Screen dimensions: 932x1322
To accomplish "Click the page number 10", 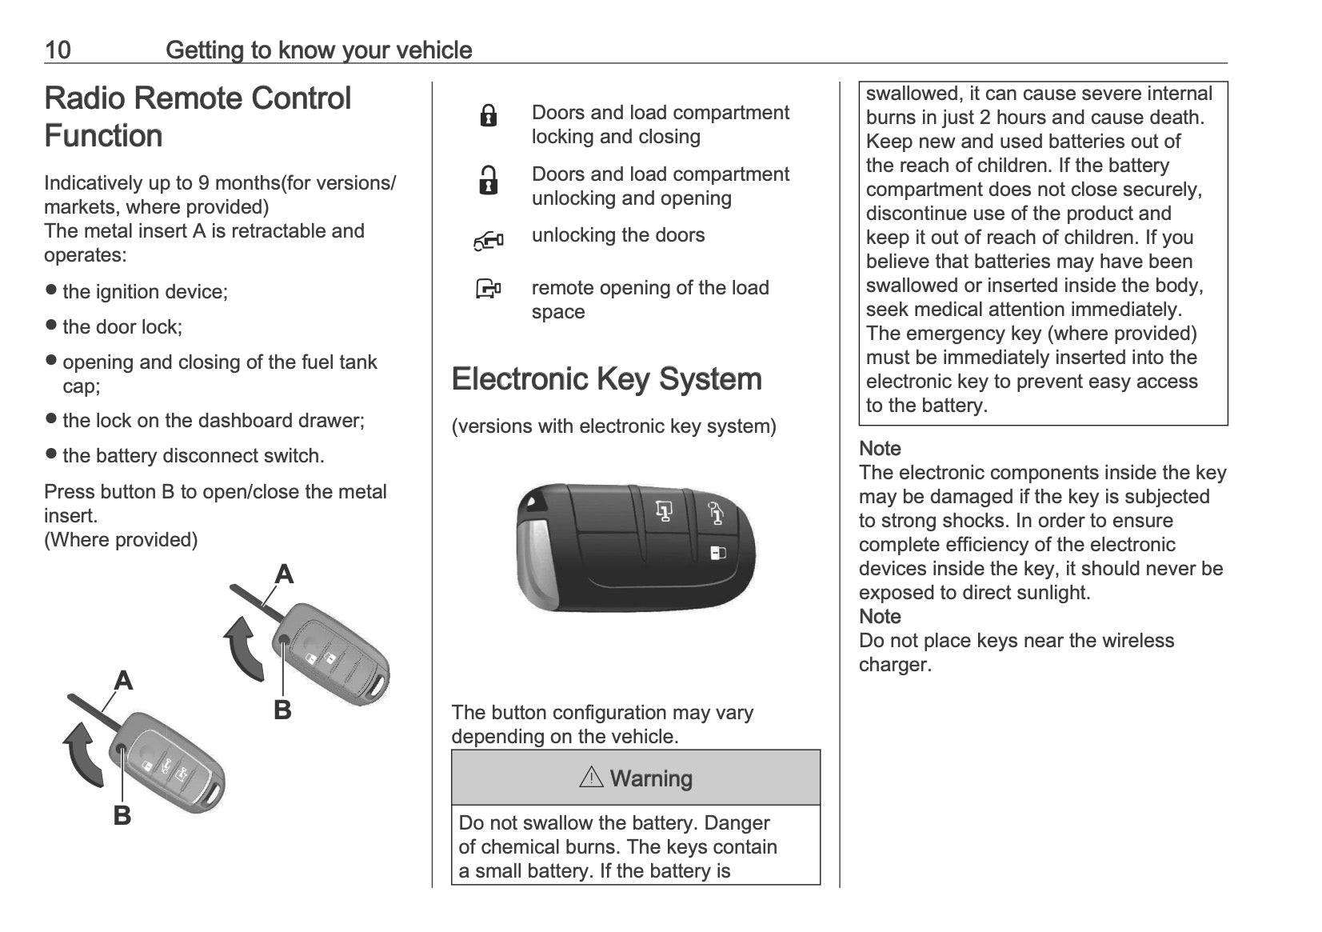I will [58, 50].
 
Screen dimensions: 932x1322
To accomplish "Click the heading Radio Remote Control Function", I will [198, 117].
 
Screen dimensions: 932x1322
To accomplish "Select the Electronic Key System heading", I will [606, 379].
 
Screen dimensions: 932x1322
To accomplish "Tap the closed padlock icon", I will [488, 117].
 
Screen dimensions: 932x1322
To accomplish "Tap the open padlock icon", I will [488, 181].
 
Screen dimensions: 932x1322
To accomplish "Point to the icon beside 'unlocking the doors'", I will [488, 240].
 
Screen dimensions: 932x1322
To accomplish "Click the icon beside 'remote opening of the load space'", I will [488, 289].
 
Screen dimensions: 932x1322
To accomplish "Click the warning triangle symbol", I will [591, 777].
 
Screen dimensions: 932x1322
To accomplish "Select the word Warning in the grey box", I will [651, 778].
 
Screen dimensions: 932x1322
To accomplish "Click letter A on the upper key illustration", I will [284, 574].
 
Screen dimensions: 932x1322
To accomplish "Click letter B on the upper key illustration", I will [282, 710].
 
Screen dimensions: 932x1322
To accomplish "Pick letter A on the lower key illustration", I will [123, 681].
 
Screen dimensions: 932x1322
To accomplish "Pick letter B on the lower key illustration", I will [122, 815].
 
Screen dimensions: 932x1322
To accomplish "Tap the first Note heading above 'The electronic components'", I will [880, 449].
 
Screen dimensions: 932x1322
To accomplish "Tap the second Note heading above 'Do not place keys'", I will [880, 617].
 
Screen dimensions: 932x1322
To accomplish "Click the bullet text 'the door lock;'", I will [122, 327].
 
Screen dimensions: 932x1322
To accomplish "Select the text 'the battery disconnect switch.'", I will [194, 456].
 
